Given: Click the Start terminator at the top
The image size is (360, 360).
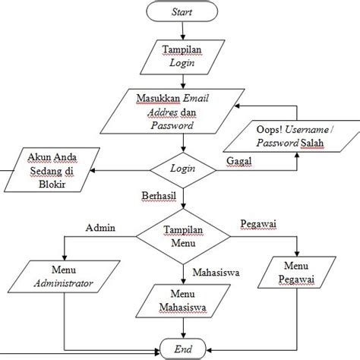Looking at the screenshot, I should [182, 12].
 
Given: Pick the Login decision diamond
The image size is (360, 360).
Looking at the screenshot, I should [182, 166].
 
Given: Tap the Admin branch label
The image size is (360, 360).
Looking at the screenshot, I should [100, 227].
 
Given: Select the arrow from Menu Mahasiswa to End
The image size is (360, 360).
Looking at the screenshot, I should [182, 328].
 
